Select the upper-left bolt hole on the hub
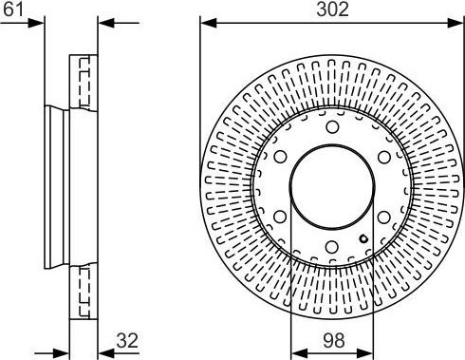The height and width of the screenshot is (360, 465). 280,157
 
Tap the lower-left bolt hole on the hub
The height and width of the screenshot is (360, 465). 280,217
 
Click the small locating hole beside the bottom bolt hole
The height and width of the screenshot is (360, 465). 363,238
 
